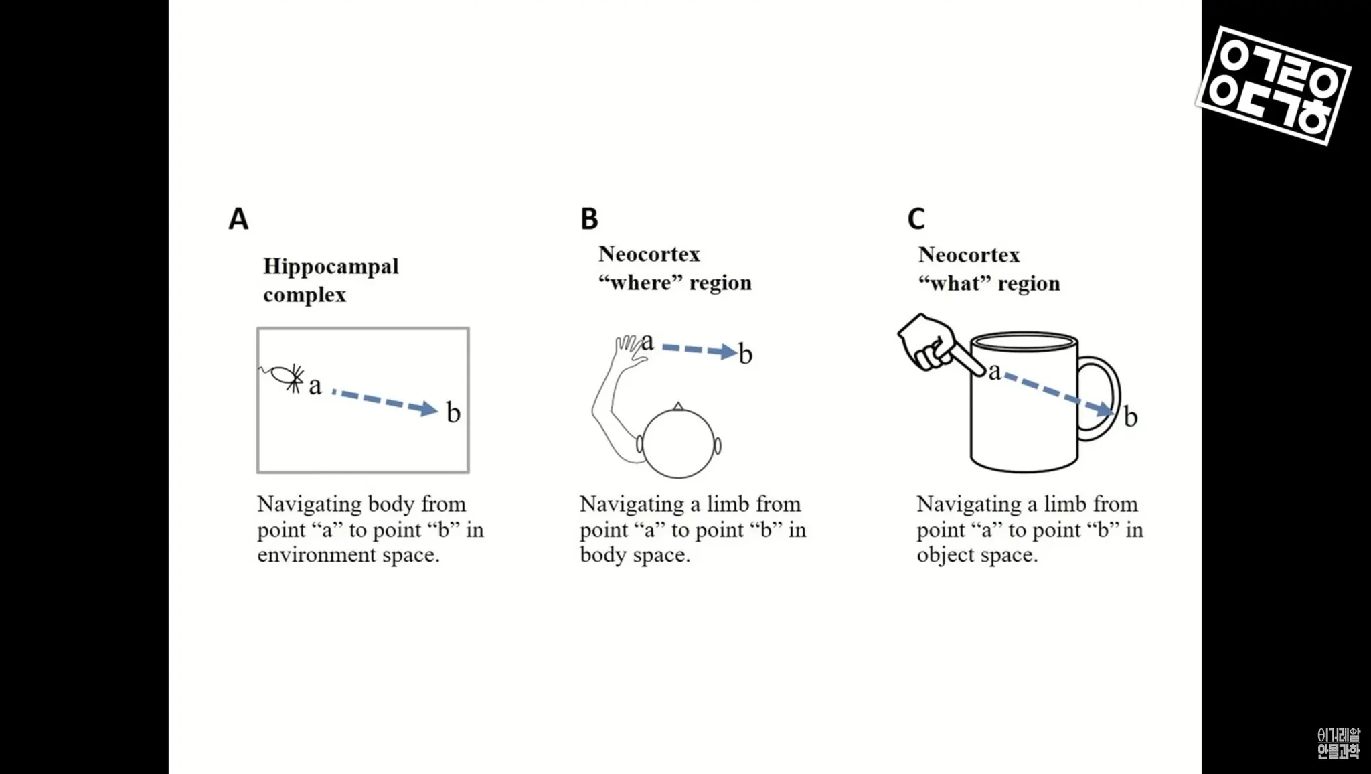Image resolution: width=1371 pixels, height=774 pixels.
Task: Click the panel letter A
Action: [x=238, y=219]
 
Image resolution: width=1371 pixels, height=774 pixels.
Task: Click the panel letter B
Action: [x=589, y=219]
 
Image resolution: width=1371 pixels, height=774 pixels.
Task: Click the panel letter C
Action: [x=916, y=219]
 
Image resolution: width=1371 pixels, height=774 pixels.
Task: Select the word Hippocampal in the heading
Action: [x=331, y=266]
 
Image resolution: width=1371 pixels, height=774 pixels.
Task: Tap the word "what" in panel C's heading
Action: [x=955, y=283]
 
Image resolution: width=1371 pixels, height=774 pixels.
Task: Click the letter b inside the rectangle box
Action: [x=453, y=412]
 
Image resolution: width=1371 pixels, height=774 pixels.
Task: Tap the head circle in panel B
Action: [x=678, y=443]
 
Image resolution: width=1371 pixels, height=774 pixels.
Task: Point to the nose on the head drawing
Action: [x=678, y=406]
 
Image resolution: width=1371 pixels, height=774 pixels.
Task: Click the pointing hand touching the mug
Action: [x=931, y=341]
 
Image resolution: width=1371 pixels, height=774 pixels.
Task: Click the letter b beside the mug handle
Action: [x=1131, y=417]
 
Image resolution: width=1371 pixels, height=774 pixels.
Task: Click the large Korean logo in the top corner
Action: [x=1273, y=85]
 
